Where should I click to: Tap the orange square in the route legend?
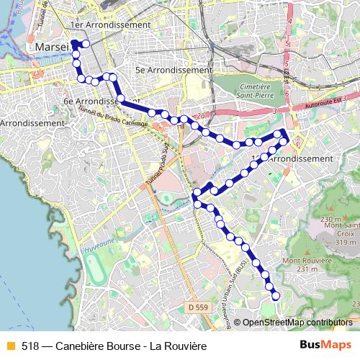(9, 346)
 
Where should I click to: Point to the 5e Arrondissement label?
(174, 71)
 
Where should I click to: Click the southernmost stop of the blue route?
(275, 294)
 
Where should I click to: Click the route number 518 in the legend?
(30, 346)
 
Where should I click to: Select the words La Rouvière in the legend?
(176, 346)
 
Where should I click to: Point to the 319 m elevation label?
(345, 243)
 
